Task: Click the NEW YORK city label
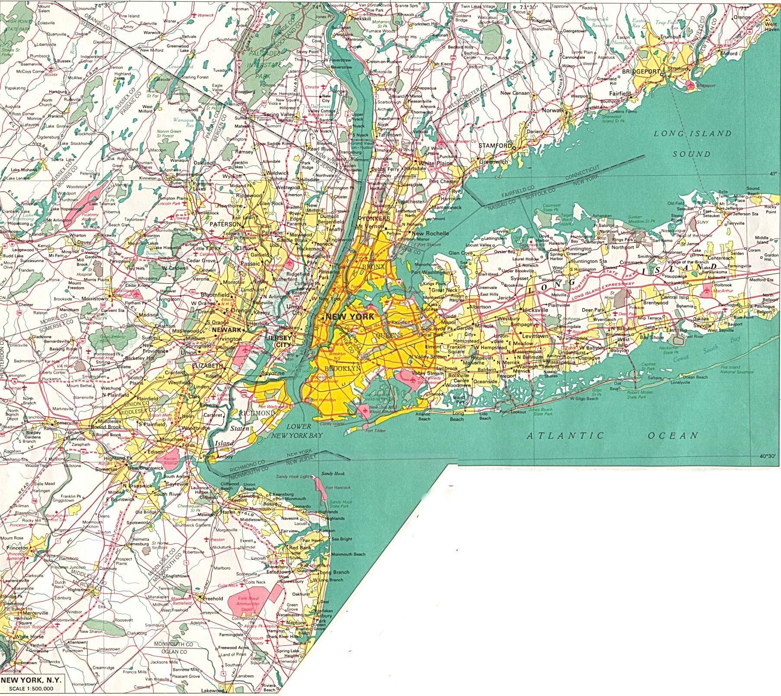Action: point(350,317)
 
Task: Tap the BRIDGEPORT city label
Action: point(641,72)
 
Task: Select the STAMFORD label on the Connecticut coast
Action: point(495,146)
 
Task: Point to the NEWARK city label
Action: point(226,330)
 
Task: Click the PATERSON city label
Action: point(225,224)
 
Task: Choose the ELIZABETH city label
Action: point(207,366)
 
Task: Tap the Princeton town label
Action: point(17,548)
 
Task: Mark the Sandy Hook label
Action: point(333,473)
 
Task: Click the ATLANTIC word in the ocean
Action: point(565,436)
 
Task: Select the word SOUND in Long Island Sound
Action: point(691,154)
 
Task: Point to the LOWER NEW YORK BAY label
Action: point(297,431)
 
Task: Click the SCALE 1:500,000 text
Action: point(31,689)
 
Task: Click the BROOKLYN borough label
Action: point(342,369)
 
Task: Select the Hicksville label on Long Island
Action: point(535,310)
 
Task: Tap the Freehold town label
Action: point(213,599)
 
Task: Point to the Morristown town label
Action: point(95,298)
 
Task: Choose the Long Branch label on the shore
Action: point(334,572)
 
